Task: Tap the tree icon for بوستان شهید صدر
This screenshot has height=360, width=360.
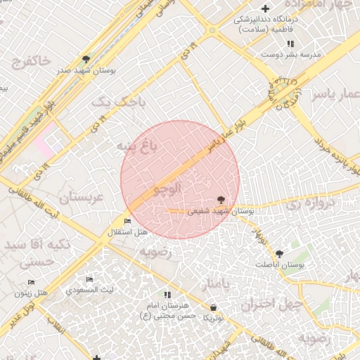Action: coord(86,59)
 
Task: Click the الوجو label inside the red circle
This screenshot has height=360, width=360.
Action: coord(168,188)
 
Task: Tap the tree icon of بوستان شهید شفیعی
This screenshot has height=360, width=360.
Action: coord(222,200)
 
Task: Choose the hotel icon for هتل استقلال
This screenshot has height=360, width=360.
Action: coord(127,222)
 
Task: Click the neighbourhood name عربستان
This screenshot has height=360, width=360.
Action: coord(82,198)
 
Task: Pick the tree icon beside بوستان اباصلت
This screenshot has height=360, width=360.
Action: coord(280,252)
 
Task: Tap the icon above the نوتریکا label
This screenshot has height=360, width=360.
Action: coord(213,308)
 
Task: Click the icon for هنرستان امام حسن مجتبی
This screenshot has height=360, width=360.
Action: coord(167,295)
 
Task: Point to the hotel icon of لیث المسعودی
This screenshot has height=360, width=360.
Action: coord(89,280)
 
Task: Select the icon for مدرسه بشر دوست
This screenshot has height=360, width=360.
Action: coord(289,44)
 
